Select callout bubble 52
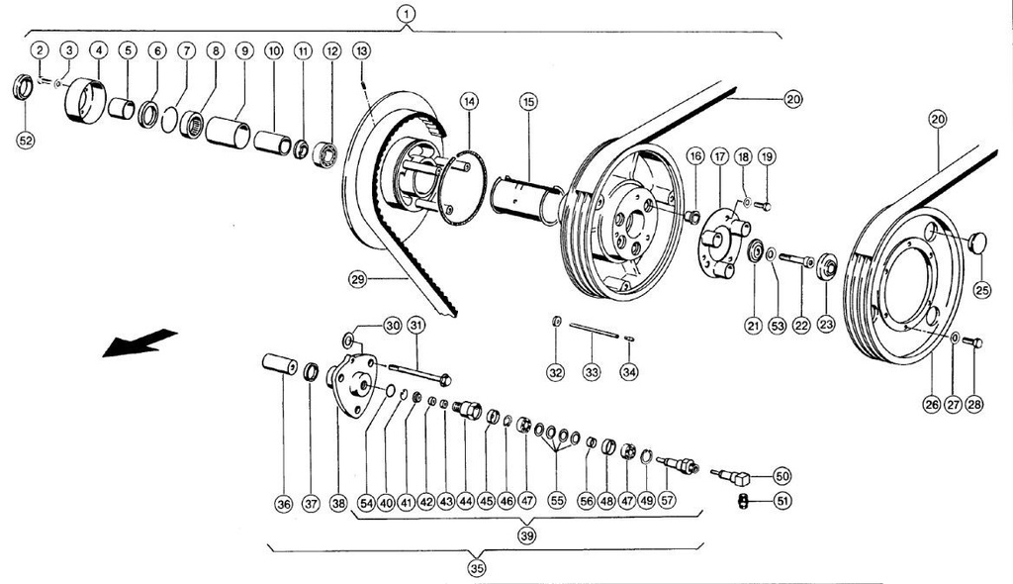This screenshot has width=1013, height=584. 26,141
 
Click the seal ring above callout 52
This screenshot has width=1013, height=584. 22,87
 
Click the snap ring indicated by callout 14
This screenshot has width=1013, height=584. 466,188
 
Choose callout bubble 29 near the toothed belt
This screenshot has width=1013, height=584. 358,280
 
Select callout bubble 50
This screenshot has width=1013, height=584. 782,475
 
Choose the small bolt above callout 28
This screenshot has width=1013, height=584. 973,342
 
